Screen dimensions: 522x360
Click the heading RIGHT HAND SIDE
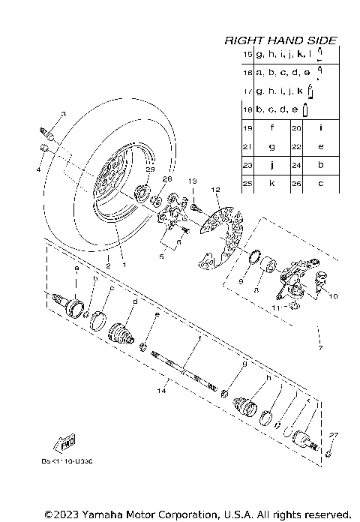pyautogui.click(x=280, y=40)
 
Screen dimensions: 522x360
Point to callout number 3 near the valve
pyautogui.click(x=63, y=114)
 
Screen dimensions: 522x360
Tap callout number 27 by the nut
pyautogui.click(x=333, y=434)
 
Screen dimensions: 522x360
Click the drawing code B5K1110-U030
pyautogui.click(x=67, y=462)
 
